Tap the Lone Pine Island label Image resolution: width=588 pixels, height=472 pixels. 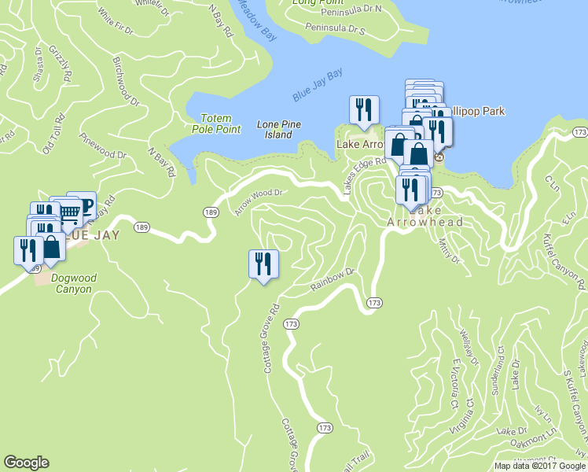click(274, 130)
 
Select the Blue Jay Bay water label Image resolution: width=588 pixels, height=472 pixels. click(318, 86)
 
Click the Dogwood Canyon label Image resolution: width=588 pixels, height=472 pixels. click(61, 284)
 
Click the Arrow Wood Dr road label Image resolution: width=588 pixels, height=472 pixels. click(258, 201)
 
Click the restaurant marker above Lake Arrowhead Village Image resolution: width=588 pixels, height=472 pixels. click(363, 110)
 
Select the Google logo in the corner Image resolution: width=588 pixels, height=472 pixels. click(27, 463)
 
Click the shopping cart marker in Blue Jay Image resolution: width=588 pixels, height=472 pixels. click(68, 210)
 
